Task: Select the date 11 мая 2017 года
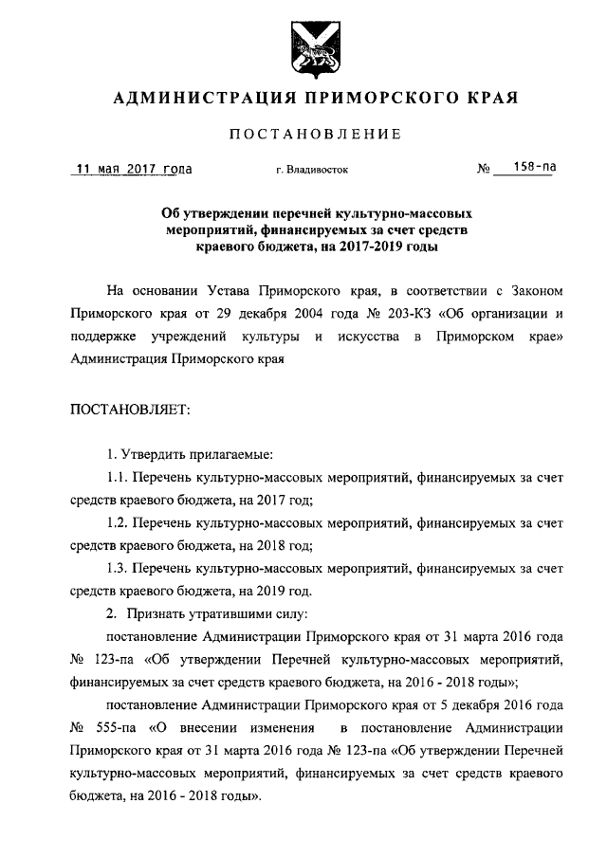point(135,170)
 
